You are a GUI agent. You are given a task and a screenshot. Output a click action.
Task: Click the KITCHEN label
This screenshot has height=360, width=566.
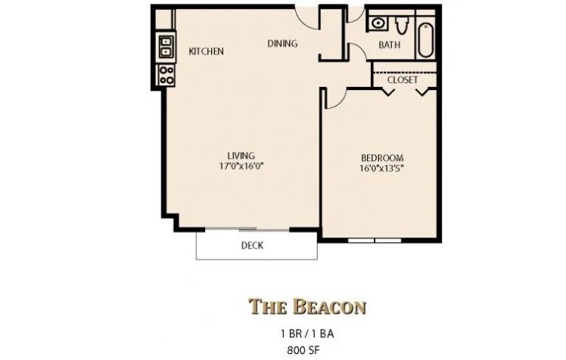click(206, 51)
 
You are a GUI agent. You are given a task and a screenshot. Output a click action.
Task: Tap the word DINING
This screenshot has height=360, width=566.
click(282, 44)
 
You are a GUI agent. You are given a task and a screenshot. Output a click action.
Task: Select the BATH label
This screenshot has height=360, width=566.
click(390, 45)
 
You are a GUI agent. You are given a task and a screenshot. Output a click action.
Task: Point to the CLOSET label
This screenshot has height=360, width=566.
click(403, 79)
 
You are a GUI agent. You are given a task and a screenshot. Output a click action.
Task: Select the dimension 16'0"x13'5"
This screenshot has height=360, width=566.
click(381, 169)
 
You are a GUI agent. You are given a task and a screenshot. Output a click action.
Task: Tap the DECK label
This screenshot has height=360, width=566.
click(252, 245)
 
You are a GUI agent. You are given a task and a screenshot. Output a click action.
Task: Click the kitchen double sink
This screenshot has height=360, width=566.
click(165, 47)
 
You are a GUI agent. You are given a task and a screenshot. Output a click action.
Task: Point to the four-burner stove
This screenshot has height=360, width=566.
click(165, 74)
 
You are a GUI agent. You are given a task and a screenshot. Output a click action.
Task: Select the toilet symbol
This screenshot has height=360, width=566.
click(401, 25)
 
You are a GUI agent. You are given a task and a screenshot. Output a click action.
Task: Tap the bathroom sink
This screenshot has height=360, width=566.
click(378, 23)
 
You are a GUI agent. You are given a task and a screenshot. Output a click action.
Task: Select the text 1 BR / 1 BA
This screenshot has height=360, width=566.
click(306, 334)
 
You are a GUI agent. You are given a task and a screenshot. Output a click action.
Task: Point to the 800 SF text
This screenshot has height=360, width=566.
click(306, 349)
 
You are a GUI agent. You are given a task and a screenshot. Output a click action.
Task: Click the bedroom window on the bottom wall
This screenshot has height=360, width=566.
click(375, 241)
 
